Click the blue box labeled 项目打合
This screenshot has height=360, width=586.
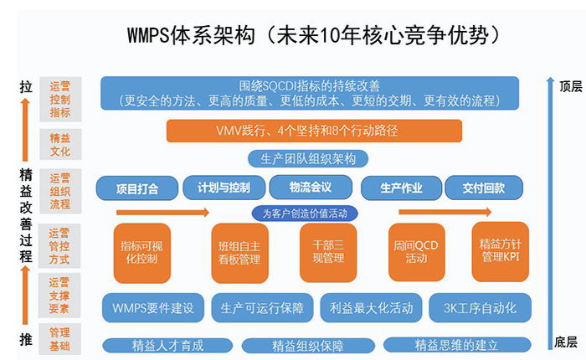pyautogui.click(x=137, y=188)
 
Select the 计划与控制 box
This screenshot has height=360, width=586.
pyautogui.click(x=224, y=188)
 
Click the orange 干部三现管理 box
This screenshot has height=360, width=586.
pyautogui.click(x=327, y=252)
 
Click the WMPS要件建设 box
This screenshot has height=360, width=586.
pyautogui.click(x=152, y=307)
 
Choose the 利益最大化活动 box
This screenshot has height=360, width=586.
pyautogui.click(x=371, y=307)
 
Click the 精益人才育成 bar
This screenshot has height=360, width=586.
pyautogui.click(x=168, y=345)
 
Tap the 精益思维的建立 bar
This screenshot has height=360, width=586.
pyautogui.click(x=456, y=345)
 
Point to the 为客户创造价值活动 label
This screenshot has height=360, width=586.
pyautogui.click(x=305, y=213)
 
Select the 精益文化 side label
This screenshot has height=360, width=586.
pyautogui.click(x=60, y=145)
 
